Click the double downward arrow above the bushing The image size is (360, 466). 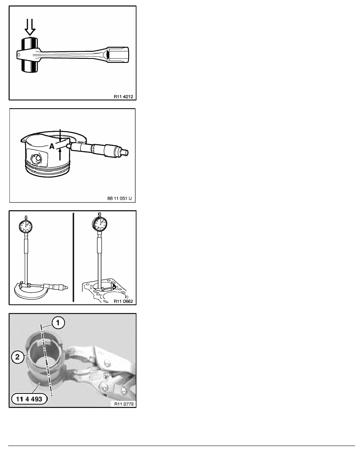coord(30,27)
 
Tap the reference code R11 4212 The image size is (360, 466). coord(123,96)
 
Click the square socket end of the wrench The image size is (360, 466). coord(118,55)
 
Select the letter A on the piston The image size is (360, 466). coord(52,146)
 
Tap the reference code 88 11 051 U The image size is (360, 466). coord(119,198)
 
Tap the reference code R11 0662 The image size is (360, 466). coord(123,301)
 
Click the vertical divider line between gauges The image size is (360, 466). coord(73,257)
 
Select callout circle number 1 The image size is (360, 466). coord(58,323)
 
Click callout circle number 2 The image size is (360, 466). coord(18,357)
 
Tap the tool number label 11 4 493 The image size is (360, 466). coord(29,399)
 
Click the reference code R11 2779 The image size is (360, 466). coord(124,404)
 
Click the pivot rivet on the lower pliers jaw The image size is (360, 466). coord(105,386)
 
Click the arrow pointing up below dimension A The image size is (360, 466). coord(60,154)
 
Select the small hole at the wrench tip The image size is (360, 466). coord(19,55)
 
